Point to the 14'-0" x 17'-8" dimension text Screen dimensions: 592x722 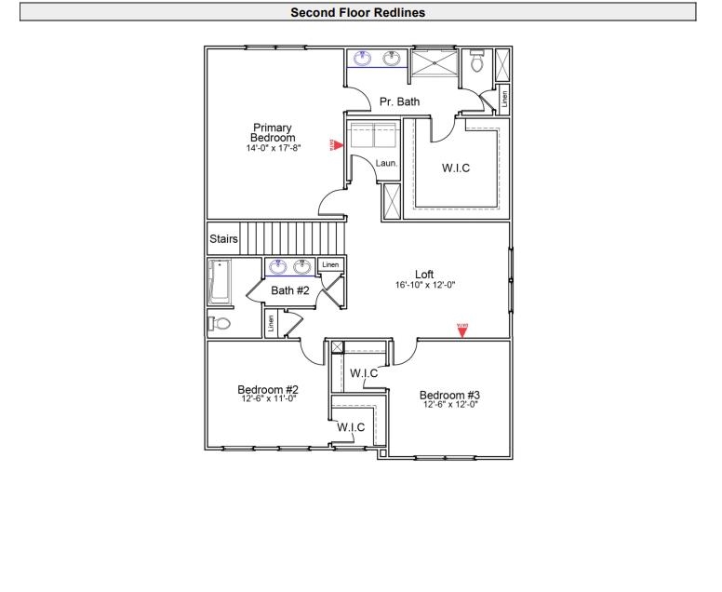click(x=274, y=148)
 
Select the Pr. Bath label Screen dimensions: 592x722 click(x=399, y=101)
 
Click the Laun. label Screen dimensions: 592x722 click(x=386, y=163)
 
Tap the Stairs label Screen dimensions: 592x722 click(x=223, y=239)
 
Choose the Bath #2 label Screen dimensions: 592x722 click(x=289, y=291)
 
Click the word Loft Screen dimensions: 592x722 click(x=424, y=274)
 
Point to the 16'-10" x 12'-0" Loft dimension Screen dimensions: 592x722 click(x=424, y=285)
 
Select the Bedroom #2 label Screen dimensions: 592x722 click(x=267, y=389)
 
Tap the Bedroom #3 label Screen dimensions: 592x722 click(x=449, y=395)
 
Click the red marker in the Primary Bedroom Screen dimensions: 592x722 click(x=339, y=145)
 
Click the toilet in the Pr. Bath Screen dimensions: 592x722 click(x=478, y=63)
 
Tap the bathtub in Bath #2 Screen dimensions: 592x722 click(x=220, y=282)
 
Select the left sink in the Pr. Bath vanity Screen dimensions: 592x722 click(x=363, y=60)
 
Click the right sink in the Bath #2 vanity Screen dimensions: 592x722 click(x=302, y=267)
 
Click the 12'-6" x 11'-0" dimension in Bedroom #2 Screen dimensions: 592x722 click(x=267, y=398)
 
